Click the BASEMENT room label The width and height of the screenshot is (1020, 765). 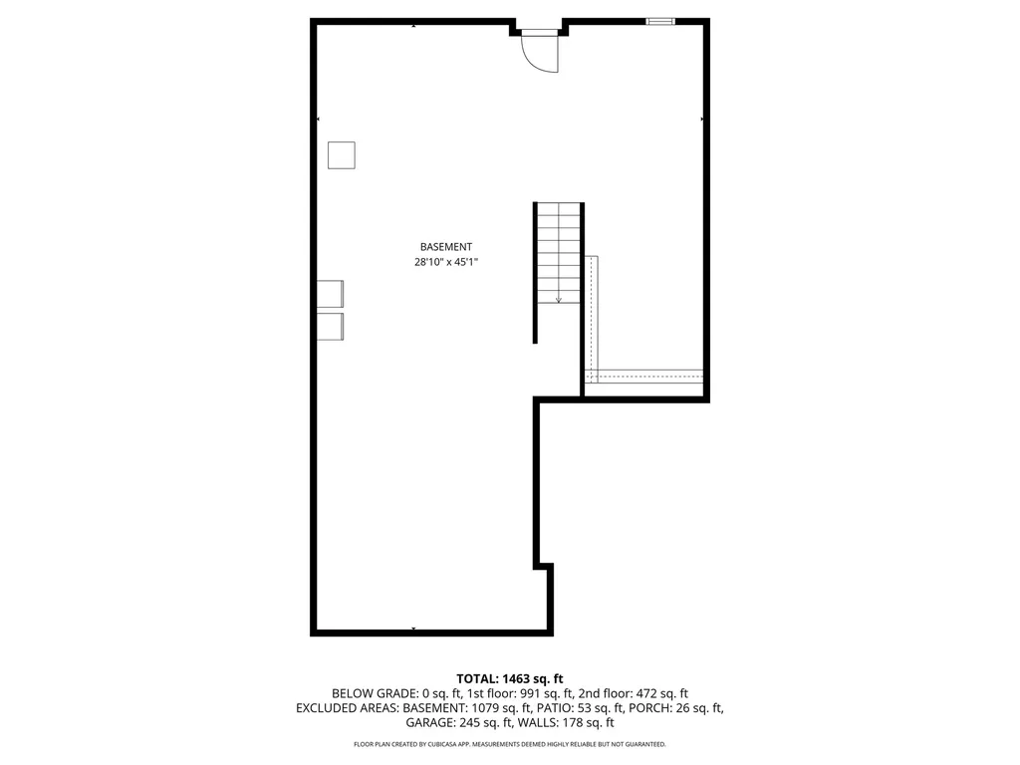445,247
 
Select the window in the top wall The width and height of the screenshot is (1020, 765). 660,20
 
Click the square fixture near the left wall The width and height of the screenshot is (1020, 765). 342,155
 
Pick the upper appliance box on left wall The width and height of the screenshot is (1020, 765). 330,294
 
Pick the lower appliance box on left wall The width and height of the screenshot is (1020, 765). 330,327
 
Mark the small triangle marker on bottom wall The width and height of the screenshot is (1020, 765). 413,630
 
